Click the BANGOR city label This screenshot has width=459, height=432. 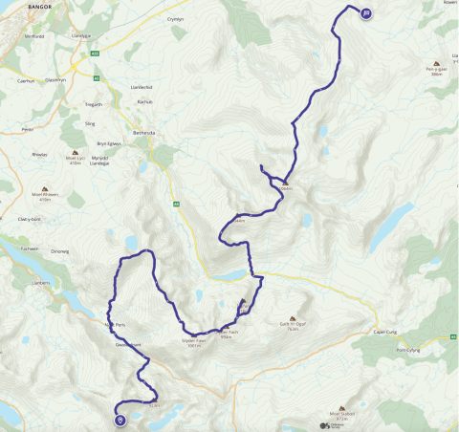point(15,6)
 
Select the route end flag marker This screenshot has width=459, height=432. point(366,12)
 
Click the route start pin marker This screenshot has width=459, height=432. point(120,419)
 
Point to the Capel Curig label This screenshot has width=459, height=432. point(385,332)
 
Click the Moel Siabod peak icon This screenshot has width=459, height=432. point(341,408)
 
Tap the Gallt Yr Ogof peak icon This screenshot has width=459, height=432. point(294,320)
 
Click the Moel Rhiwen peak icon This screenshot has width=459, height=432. point(45,188)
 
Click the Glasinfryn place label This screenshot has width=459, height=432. point(55,80)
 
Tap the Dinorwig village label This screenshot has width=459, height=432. point(59,250)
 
